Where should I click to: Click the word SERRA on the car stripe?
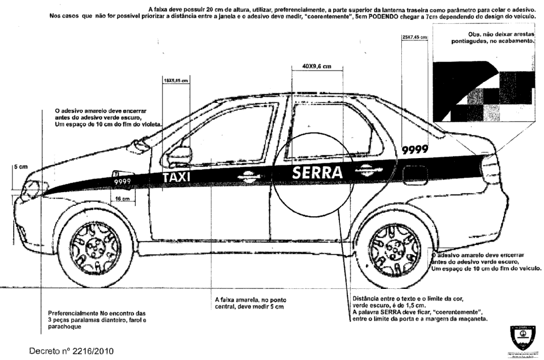pos(317,172)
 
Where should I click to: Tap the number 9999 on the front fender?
pos(122,181)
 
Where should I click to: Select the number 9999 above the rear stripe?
pos(415,150)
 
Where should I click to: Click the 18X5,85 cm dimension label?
pos(176,81)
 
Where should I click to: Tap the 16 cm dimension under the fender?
pos(122,198)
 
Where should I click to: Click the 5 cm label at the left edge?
pos(20,167)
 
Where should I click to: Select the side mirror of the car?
pos(179,156)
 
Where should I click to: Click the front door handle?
pos(247,176)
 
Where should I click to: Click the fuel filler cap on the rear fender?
pos(414,174)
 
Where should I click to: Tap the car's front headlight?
pos(33,189)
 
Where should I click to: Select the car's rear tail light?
pos(490,169)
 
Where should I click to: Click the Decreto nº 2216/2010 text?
pos(71,351)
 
